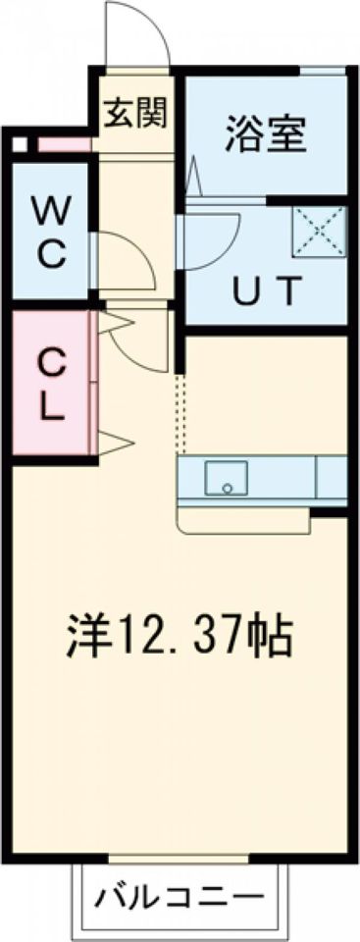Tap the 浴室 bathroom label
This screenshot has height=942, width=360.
[x=266, y=131]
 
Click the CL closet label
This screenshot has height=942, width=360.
[x=49, y=386]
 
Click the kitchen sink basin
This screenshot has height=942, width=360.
[x=227, y=479]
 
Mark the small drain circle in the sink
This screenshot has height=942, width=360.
[x=228, y=486]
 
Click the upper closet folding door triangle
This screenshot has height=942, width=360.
[x=114, y=321]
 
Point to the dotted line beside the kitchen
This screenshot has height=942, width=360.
[x=180, y=412]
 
